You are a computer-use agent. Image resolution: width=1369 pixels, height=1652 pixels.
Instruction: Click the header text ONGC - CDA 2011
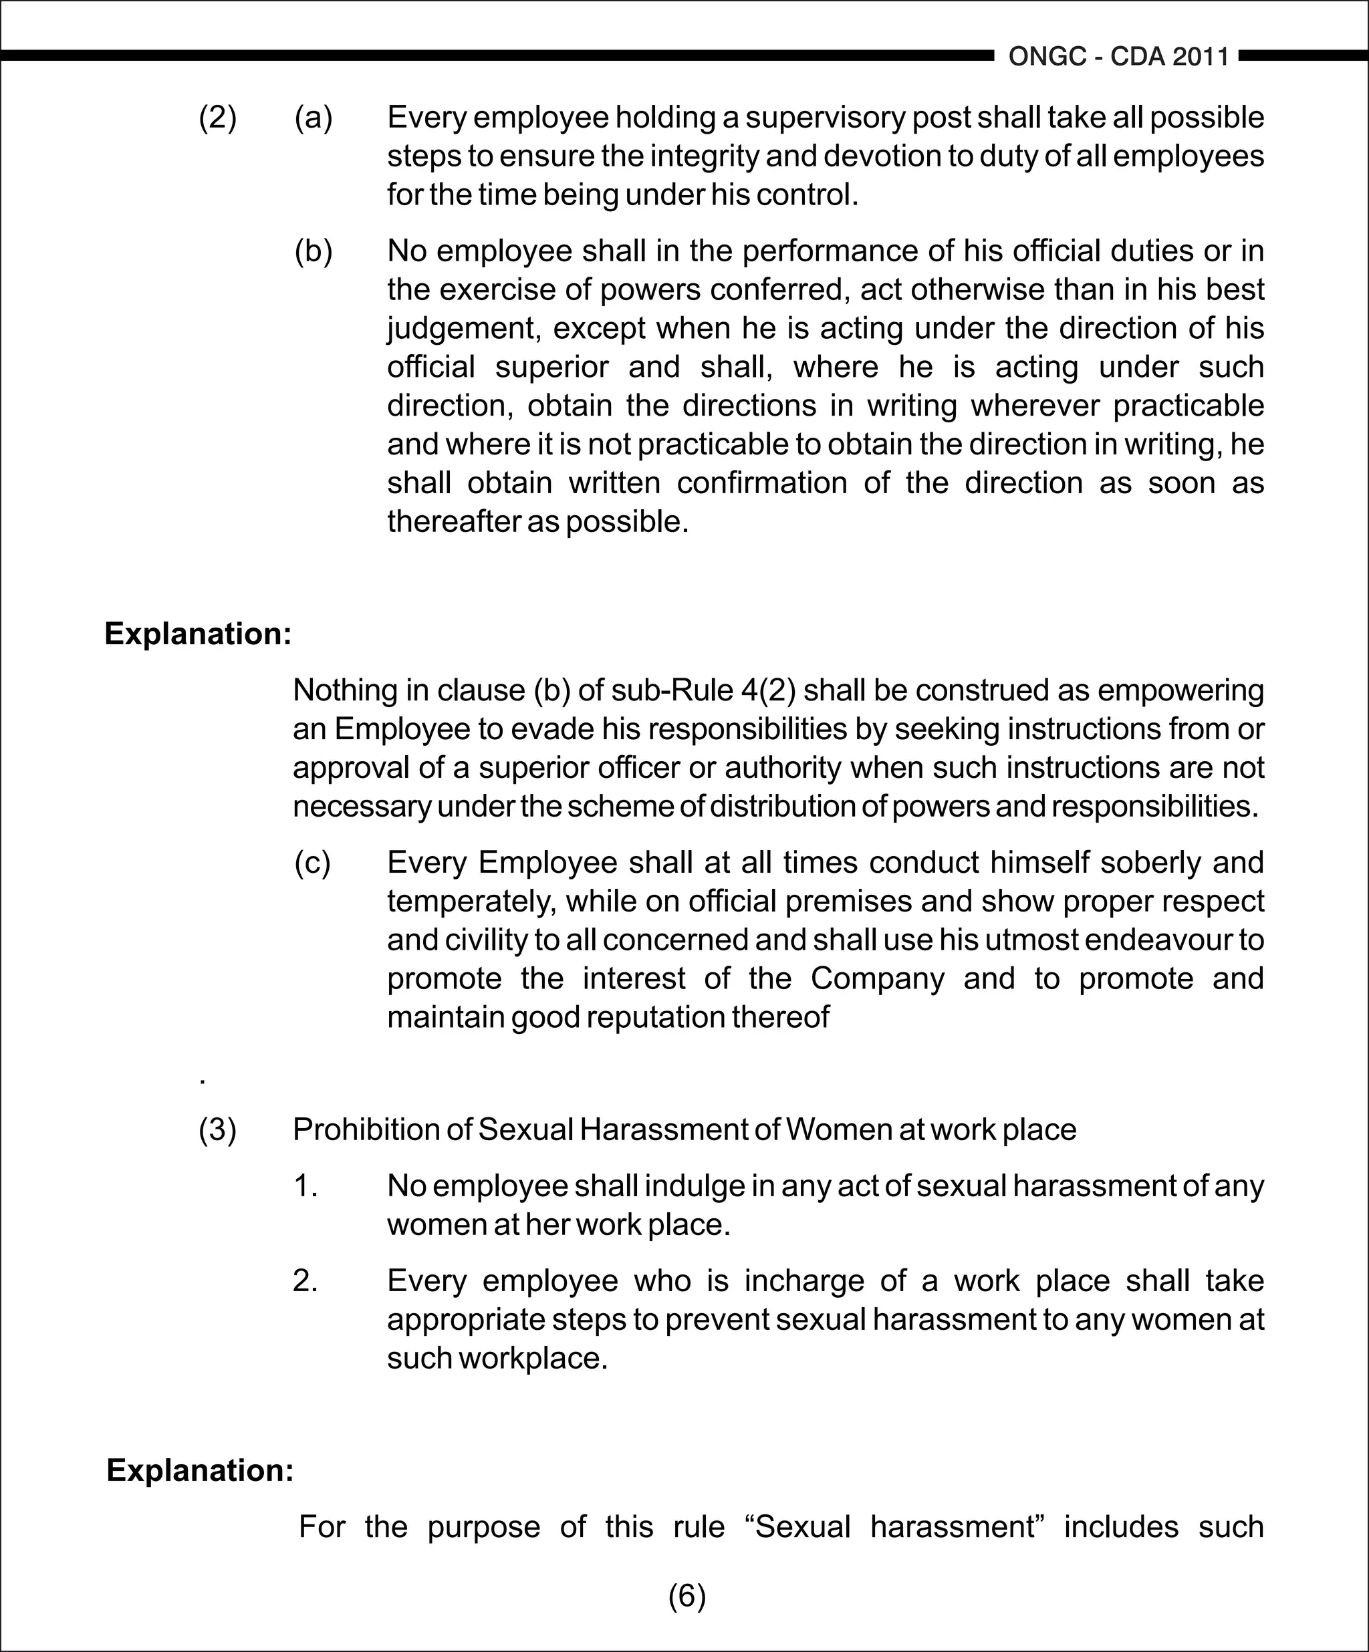click(1118, 57)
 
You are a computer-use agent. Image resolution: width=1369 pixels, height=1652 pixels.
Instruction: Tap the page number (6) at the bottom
click(687, 1595)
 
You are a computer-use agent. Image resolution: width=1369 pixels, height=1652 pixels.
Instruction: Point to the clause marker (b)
click(313, 251)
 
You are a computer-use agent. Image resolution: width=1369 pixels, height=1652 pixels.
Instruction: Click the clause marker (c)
click(312, 862)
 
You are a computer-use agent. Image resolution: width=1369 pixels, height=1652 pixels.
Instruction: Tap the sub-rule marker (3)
click(217, 1129)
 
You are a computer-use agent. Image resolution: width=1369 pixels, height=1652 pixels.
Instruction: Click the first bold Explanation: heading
click(197, 634)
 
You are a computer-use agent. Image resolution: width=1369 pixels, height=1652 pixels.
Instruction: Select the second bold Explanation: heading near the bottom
click(200, 1470)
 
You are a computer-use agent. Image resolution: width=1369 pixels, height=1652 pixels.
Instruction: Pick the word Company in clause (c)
click(876, 978)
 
